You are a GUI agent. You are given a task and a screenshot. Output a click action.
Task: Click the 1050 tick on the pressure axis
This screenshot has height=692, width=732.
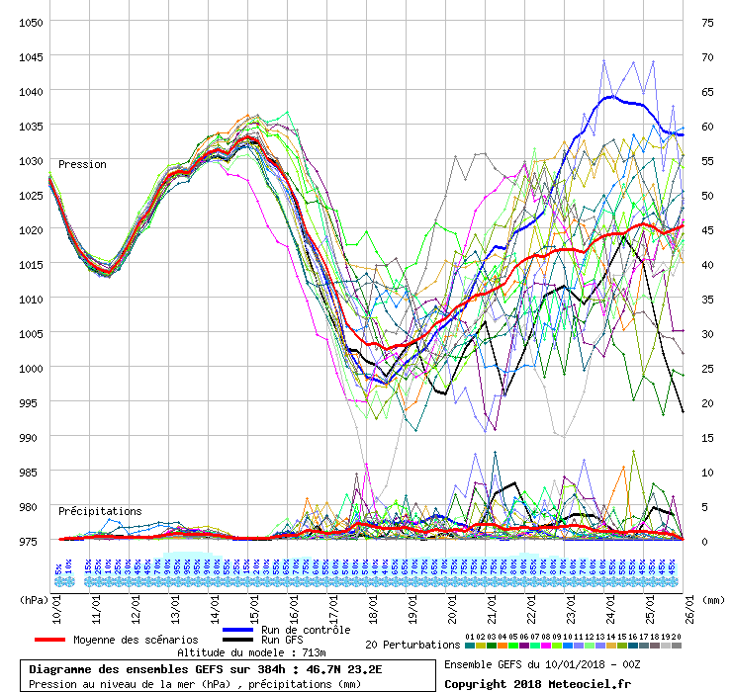coord(29,22)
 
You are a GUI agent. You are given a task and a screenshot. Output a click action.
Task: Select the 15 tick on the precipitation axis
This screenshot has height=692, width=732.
coord(707,437)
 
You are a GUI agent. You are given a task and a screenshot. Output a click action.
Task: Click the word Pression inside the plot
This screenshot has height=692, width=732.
coord(82,164)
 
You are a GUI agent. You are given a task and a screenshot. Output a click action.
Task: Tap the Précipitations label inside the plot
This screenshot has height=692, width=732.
coord(99,511)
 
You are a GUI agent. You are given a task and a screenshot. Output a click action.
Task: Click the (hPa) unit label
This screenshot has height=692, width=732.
coord(36,599)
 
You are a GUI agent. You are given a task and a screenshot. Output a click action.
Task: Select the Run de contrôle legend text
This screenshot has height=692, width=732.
coord(306,630)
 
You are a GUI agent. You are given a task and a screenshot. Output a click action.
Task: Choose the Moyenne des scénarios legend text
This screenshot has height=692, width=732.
coord(136,641)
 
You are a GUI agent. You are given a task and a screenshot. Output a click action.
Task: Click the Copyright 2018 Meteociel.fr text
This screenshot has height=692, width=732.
coord(537,683)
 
